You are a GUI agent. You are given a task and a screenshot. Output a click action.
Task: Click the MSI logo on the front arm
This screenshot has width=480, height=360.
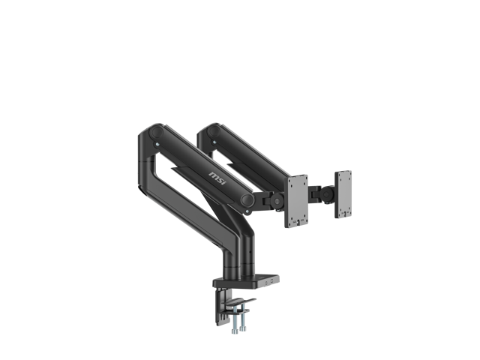pyautogui.click(x=217, y=178)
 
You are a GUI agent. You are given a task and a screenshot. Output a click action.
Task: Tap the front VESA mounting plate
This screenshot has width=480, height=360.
pyautogui.click(x=295, y=201)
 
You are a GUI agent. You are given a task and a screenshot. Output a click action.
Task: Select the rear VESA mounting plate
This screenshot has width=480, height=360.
pyautogui.click(x=343, y=194)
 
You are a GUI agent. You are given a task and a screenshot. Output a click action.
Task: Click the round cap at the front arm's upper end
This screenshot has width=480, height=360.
pyautogui.click(x=156, y=133)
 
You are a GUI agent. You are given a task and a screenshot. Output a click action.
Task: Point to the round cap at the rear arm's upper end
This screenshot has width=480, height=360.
pyautogui.click(x=213, y=131)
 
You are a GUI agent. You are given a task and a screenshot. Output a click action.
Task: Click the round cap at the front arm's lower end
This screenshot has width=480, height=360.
pyautogui.click(x=247, y=200)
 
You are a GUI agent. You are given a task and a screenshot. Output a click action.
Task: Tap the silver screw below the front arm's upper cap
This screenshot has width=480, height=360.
pyautogui.click(x=157, y=144)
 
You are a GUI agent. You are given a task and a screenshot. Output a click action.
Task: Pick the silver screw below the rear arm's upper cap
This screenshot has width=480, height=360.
pyautogui.click(x=214, y=142)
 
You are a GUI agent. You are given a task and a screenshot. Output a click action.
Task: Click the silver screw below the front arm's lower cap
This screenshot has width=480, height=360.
pyautogui.click(x=247, y=211)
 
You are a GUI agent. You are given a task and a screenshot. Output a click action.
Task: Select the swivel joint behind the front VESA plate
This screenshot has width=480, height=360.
pyautogui.click(x=277, y=201)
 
